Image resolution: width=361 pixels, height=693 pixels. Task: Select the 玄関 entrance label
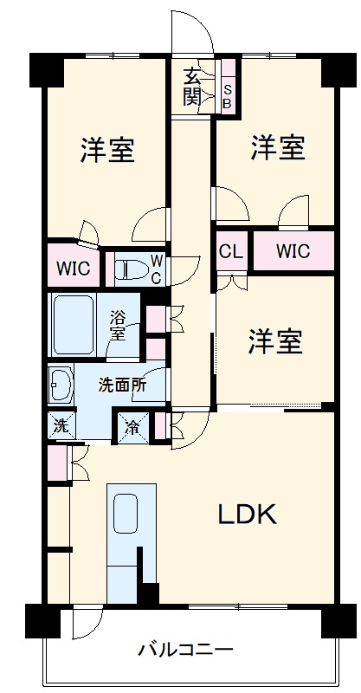coord(192,86)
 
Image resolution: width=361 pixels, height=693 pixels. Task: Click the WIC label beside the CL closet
coord(293,252)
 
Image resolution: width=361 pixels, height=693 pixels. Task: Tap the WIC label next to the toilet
coord(73,269)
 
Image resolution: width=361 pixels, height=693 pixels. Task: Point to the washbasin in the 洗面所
coord(61,385)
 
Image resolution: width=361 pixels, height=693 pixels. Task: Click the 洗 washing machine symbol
coord(60,425)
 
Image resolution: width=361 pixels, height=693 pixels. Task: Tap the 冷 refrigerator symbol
coord(132,425)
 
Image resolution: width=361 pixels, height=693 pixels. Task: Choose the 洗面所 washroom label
coord(121,385)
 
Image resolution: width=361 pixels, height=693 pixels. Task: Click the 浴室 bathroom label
coord(119,324)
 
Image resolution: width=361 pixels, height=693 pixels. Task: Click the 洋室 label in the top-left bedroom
coord(107,150)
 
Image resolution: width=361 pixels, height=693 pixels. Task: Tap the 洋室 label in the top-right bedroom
coord(278,147)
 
